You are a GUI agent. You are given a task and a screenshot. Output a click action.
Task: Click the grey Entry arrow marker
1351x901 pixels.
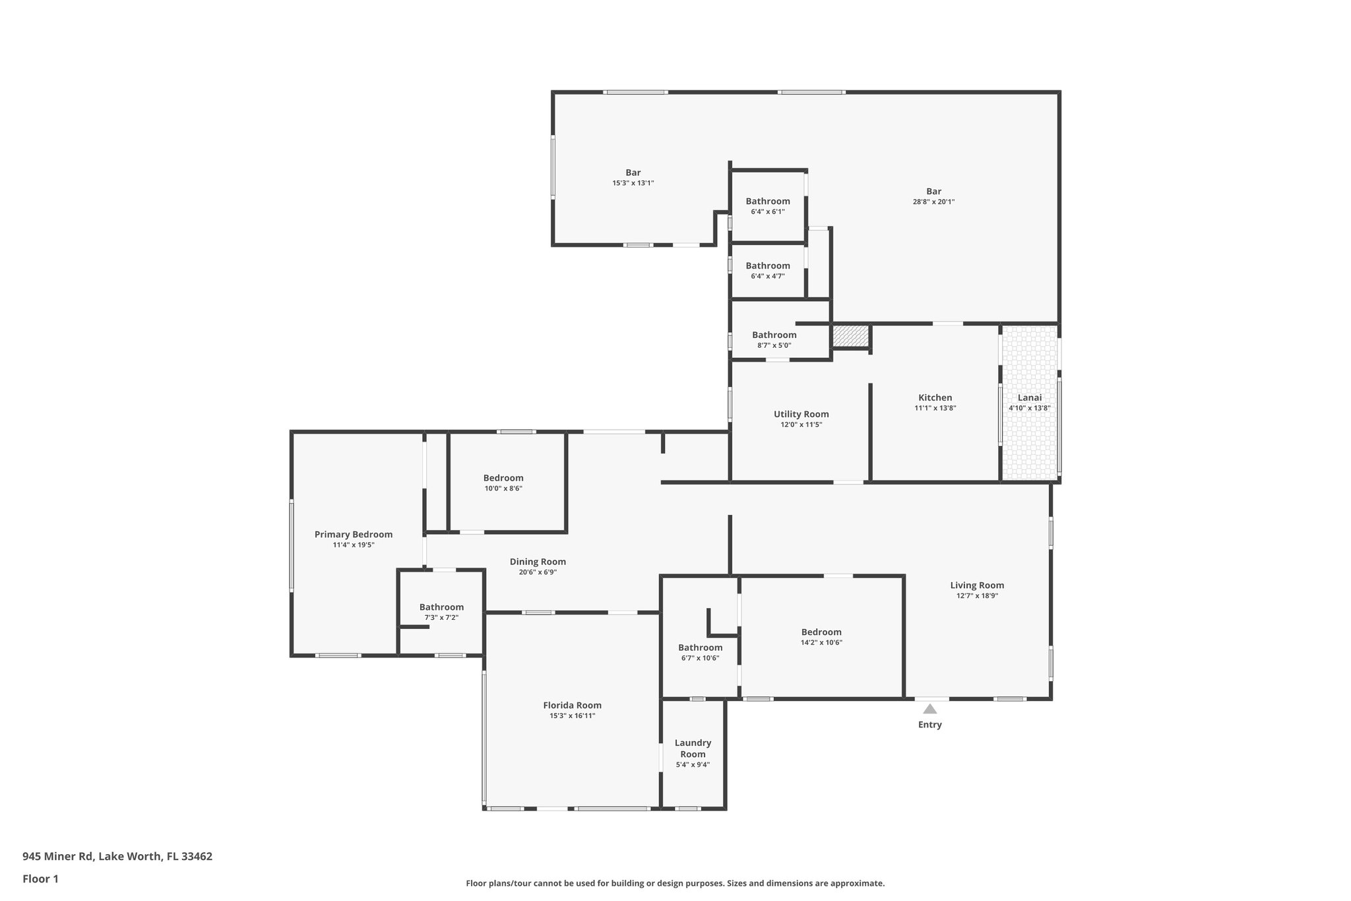[x=929, y=709]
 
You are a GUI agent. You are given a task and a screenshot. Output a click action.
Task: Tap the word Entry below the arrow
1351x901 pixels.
[x=929, y=725]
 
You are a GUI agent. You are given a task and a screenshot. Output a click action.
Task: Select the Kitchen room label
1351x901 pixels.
[x=935, y=397]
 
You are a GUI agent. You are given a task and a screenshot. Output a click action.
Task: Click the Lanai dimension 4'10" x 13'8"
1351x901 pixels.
[x=1029, y=408]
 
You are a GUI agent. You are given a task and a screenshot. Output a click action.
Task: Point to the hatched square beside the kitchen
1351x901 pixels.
[x=850, y=336]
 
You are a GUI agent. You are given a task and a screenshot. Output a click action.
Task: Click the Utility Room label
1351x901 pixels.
[x=801, y=414]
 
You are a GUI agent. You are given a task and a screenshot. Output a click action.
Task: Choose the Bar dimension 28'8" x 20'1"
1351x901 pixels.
[x=933, y=202]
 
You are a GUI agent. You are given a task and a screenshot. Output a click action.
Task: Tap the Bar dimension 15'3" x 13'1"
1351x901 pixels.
[x=633, y=183]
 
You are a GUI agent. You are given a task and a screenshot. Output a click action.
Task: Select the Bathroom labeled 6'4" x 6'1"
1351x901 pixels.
[x=767, y=201]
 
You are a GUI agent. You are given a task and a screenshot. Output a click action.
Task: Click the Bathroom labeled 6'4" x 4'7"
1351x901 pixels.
[x=767, y=266]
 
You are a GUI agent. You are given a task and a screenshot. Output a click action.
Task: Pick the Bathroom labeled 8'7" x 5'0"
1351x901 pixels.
[x=774, y=335]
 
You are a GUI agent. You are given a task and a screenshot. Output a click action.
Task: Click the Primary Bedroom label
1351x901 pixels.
[x=353, y=535]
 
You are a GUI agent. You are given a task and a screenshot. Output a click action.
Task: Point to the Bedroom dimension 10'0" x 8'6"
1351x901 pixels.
[x=503, y=488]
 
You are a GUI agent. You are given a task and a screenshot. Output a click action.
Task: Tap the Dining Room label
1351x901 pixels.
[x=537, y=562]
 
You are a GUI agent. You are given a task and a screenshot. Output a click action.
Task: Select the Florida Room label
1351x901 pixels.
[x=572, y=705]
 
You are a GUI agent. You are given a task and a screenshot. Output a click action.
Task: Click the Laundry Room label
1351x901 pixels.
[x=693, y=749]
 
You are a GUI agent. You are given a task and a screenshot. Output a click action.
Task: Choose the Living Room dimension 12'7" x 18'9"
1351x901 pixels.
[x=977, y=595]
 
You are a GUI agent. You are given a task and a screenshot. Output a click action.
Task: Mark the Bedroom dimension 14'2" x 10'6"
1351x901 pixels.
[x=821, y=642]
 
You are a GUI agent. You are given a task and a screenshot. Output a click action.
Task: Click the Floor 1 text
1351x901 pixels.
[x=40, y=879]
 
